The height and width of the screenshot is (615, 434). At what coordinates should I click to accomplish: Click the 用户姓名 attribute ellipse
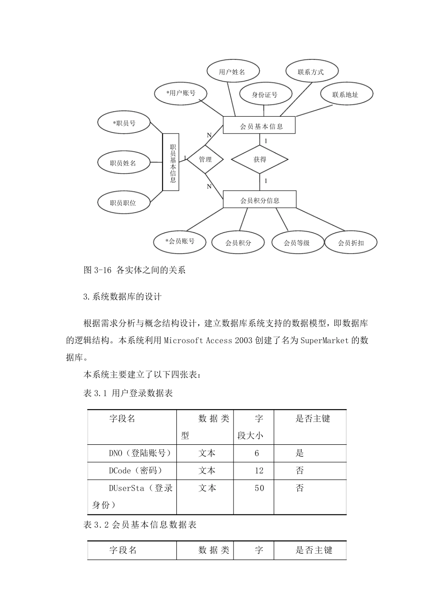coord(233,71)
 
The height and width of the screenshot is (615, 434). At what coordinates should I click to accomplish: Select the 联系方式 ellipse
coord(312,71)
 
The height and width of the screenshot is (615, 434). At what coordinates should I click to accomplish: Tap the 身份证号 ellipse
coord(265,95)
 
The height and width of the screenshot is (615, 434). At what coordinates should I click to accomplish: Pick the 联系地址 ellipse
coord(346,95)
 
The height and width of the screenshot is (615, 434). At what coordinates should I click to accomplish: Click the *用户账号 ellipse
coord(181,93)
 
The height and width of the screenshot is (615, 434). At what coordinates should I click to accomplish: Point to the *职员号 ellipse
coord(124,123)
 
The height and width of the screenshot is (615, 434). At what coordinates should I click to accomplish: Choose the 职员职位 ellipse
coord(123,202)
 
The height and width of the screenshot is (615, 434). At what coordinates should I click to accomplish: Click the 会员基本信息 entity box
coord(259,125)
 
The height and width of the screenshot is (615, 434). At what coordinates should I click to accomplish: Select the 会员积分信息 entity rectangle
coord(259,200)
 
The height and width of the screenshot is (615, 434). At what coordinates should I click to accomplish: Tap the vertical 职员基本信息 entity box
coord(171,162)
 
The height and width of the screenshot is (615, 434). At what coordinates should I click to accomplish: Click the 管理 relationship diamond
coord(205,159)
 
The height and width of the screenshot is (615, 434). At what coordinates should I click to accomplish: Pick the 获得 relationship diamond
coord(259,159)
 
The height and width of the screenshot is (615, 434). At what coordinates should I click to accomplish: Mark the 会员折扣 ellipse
coord(351,243)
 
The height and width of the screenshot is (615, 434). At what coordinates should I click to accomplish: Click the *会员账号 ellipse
coord(180,241)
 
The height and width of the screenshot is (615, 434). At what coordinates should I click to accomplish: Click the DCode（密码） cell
coord(136,470)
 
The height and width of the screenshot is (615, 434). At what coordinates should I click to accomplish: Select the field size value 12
coord(259,470)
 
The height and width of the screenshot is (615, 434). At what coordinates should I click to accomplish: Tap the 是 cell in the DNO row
coord(300,453)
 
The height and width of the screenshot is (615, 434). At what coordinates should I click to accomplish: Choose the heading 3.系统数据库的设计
coord(123,297)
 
